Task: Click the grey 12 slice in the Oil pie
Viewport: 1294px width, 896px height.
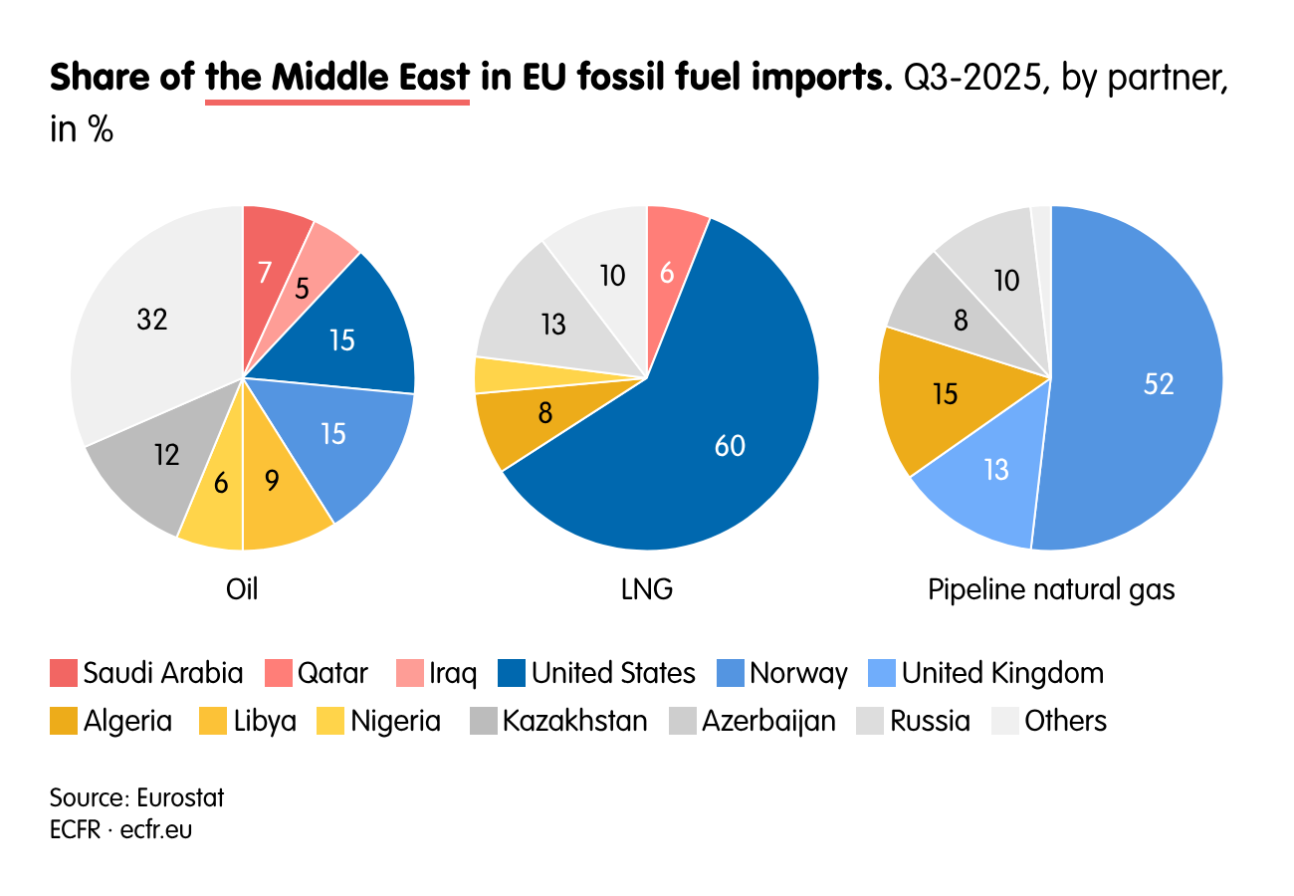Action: click(159, 458)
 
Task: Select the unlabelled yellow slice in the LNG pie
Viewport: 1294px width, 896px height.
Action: click(490, 374)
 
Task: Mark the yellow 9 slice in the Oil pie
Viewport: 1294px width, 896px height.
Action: click(279, 488)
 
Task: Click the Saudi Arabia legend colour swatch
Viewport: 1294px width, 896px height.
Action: click(64, 674)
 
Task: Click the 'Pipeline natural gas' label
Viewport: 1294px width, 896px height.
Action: click(1051, 589)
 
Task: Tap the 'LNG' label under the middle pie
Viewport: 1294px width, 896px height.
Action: click(646, 589)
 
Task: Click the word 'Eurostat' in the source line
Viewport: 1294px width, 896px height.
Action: click(180, 797)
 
